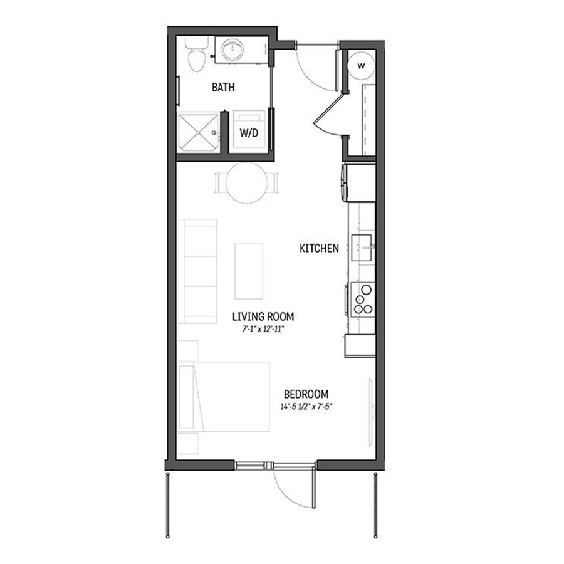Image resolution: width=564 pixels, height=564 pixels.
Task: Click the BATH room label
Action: tap(223, 88)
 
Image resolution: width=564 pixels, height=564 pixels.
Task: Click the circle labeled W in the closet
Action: tap(362, 65)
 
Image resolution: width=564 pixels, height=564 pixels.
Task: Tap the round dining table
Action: tap(246, 183)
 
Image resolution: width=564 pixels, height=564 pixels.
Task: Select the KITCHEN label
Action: tap(319, 249)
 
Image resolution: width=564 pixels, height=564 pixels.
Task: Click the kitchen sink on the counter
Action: tap(362, 248)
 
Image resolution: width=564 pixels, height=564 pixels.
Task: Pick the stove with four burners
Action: tap(363, 299)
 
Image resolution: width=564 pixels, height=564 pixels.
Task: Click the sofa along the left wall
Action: tap(197, 269)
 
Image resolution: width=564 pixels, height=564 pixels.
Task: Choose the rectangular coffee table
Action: tap(249, 271)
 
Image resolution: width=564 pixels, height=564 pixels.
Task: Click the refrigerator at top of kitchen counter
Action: tap(359, 182)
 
